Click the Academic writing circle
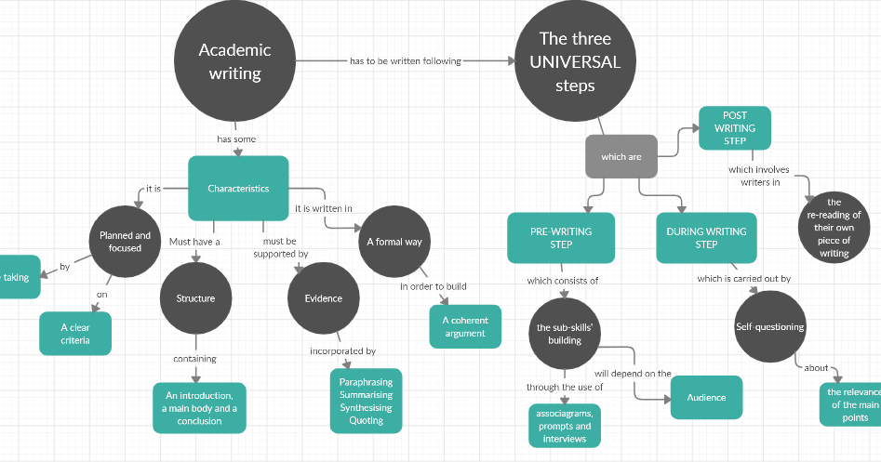pyautogui.click(x=234, y=61)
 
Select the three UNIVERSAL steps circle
pyautogui.click(x=574, y=62)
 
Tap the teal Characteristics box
pyautogui.click(x=238, y=189)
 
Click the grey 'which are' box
pyautogui.click(x=621, y=157)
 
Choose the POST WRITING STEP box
pyautogui.click(x=735, y=128)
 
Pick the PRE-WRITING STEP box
pyautogui.click(x=561, y=238)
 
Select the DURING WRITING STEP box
pyautogui.click(x=706, y=238)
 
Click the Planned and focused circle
pyautogui.click(x=125, y=242)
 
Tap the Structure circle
pyautogui.click(x=195, y=298)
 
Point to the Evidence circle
pyautogui.click(x=323, y=298)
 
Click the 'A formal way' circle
pyautogui.click(x=394, y=242)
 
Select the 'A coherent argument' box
pyautogui.click(x=465, y=326)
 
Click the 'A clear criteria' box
pyautogui.click(x=75, y=334)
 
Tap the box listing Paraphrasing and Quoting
pyautogui.click(x=366, y=402)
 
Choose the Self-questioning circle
pyautogui.click(x=770, y=326)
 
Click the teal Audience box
pyautogui.click(x=706, y=398)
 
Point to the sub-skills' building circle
pyautogui.click(x=565, y=334)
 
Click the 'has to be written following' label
pyautogui.click(x=406, y=61)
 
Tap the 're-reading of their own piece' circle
pyautogui.click(x=834, y=227)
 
